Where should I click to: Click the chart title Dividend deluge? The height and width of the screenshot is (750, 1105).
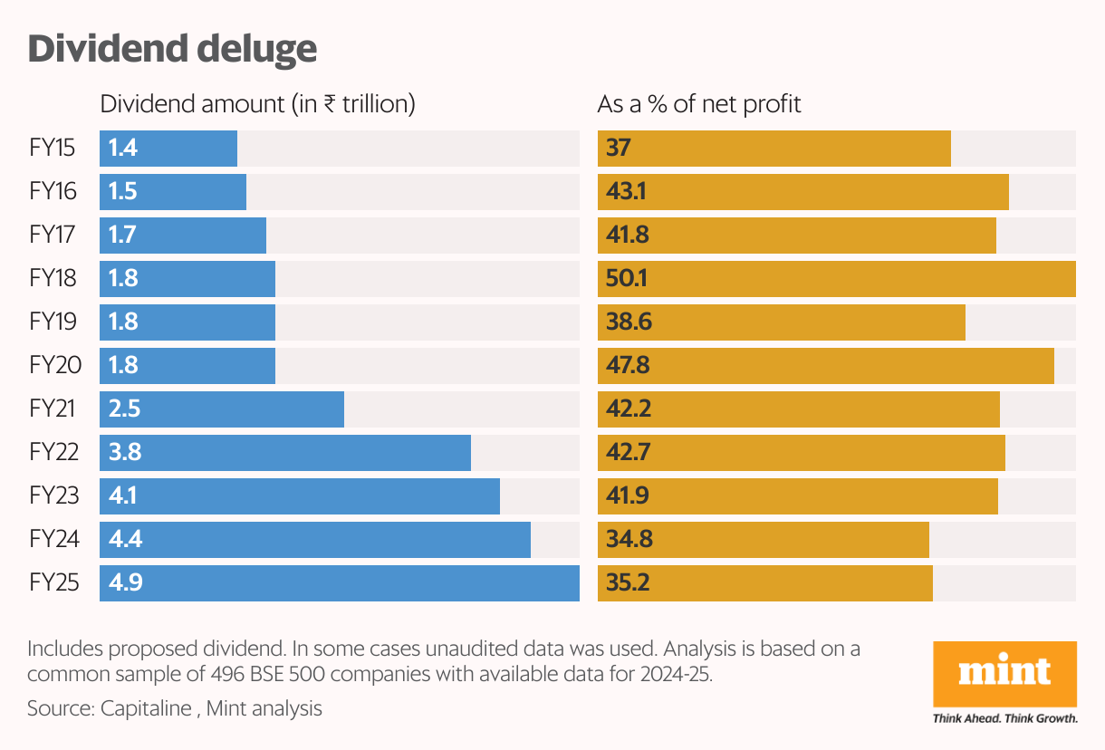coord(172,49)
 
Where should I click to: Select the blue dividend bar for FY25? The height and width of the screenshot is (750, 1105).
coord(340,583)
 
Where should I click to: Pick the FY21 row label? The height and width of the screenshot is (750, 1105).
coord(53,409)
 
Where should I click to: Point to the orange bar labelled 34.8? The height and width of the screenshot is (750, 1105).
coord(764,540)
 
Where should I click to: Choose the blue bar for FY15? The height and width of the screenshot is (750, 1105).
coord(168,149)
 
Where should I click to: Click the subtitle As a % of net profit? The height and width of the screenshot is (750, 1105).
coord(699,104)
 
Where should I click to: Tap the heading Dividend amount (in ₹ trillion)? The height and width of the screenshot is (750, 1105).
coord(257,104)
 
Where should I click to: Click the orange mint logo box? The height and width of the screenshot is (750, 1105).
coord(1004,675)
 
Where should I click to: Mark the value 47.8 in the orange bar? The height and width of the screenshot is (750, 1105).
coord(628,366)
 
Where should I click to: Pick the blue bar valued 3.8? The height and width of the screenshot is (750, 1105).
coord(285,453)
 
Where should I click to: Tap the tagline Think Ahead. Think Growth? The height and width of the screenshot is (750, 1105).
coord(1004,719)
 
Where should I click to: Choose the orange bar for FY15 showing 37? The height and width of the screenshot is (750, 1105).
coord(774,149)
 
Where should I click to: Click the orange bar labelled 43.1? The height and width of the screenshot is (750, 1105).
coord(803,192)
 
